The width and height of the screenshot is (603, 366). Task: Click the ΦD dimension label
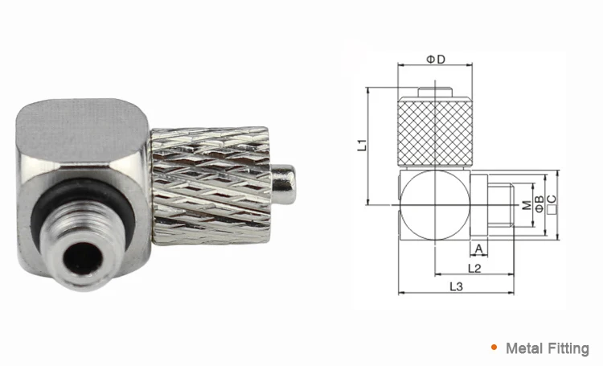pyautogui.click(x=435, y=60)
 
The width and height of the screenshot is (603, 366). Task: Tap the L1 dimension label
pyautogui.click(x=363, y=146)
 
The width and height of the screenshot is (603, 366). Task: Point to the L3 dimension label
pyautogui.click(x=456, y=286)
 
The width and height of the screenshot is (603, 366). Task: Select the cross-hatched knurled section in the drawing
pyautogui.click(x=434, y=128)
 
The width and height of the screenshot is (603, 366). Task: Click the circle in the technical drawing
pyautogui.click(x=434, y=206)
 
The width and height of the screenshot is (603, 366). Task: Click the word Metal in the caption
pyautogui.click(x=523, y=348)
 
